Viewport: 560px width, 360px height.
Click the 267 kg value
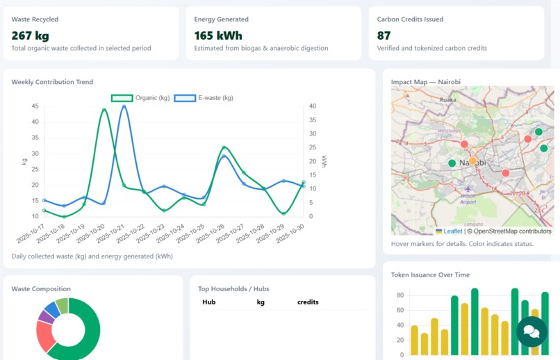tap(31, 35)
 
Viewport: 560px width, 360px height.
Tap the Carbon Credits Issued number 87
tap(384, 35)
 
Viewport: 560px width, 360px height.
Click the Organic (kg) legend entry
tap(141, 98)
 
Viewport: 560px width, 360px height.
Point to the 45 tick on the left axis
tap(35, 106)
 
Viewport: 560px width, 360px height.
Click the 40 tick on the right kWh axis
tap(313, 106)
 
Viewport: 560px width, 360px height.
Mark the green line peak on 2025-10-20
tap(104, 110)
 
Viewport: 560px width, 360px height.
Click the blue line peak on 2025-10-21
tap(124, 106)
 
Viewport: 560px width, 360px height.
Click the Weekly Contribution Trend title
tap(52, 82)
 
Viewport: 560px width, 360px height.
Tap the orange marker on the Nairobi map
tap(472, 161)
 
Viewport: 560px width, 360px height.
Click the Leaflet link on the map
tap(452, 231)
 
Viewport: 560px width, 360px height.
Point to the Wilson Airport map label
tap(468, 198)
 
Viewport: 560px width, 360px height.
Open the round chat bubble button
tap(532, 331)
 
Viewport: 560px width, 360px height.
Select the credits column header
tap(308, 302)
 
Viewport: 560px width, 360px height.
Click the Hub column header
tap(208, 302)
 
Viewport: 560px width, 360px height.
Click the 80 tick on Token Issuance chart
tap(400, 295)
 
